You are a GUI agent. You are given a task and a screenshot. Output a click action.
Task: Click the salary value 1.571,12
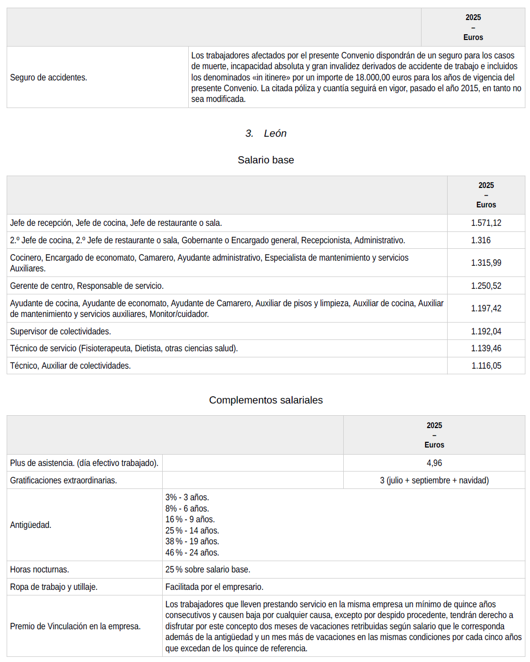(485, 223)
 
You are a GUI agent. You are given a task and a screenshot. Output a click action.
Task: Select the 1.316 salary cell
(480, 240)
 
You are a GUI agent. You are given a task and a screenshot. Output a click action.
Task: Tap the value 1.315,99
(485, 263)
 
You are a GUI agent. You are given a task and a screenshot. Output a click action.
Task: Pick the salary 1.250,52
(485, 286)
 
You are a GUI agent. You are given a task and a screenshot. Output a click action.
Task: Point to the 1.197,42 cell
(485, 308)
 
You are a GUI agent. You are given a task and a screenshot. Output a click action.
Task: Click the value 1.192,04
(485, 331)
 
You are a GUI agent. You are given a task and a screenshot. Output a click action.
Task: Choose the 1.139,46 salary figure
(485, 348)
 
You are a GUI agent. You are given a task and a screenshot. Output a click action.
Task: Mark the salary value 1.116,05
(485, 366)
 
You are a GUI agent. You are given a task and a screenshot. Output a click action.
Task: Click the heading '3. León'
(266, 134)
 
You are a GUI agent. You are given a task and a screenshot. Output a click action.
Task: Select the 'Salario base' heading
(266, 160)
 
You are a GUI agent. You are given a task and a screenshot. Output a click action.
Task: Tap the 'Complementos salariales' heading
(266, 400)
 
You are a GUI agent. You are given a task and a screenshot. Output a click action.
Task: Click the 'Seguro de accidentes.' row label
(49, 77)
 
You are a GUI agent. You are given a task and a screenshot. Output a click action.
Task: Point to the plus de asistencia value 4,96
(434, 463)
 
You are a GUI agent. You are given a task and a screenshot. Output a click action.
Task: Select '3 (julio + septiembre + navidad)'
(434, 480)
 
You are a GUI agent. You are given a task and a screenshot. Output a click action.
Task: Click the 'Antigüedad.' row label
(31, 525)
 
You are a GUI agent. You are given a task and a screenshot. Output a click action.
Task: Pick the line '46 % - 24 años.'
(192, 552)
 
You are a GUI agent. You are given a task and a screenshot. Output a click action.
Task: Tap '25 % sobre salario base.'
(208, 569)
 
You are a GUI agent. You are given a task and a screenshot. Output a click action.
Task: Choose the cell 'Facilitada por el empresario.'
(214, 587)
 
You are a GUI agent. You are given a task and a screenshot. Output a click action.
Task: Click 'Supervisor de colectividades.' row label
(60, 331)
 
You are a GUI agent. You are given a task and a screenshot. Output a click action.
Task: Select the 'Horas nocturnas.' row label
(39, 569)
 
